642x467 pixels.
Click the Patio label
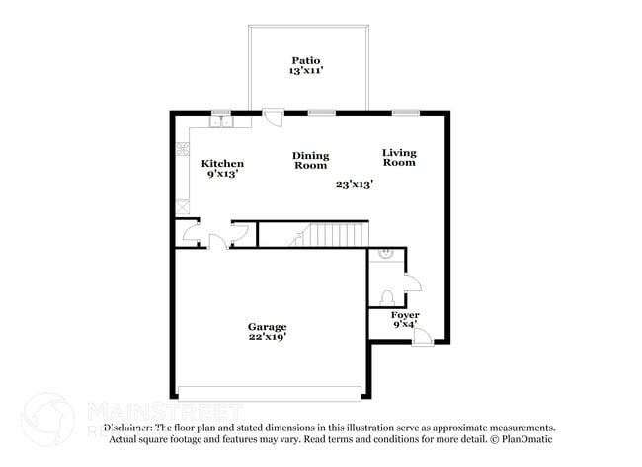point(306,59)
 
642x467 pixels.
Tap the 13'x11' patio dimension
point(306,71)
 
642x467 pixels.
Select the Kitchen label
point(222,163)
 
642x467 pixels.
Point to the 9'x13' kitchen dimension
point(222,174)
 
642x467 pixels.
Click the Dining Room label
point(311,160)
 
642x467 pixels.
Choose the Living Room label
point(399,157)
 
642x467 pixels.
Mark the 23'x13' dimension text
point(354,184)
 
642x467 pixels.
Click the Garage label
point(267,327)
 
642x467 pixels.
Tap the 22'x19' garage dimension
point(267,338)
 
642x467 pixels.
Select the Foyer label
point(405,315)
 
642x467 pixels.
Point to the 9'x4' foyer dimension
point(405,325)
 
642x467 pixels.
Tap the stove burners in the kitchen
point(183,150)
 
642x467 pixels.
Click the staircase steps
point(331,235)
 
